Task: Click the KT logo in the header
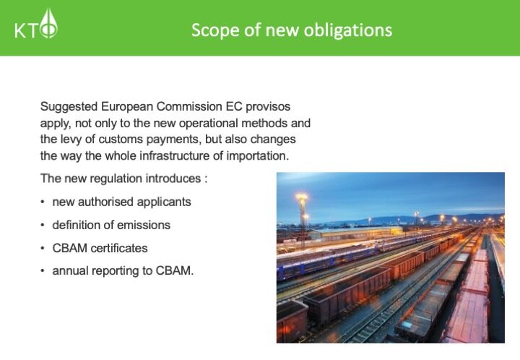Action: pyautogui.click(x=36, y=24)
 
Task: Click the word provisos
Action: pyautogui.click(x=268, y=107)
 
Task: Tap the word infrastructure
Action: pyautogui.click(x=174, y=156)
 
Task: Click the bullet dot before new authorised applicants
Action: pyautogui.click(x=43, y=202)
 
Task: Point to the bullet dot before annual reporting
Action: pyautogui.click(x=43, y=271)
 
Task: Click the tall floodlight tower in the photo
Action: pyautogui.click(x=303, y=220)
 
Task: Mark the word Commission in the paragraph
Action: pyautogui.click(x=188, y=107)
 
